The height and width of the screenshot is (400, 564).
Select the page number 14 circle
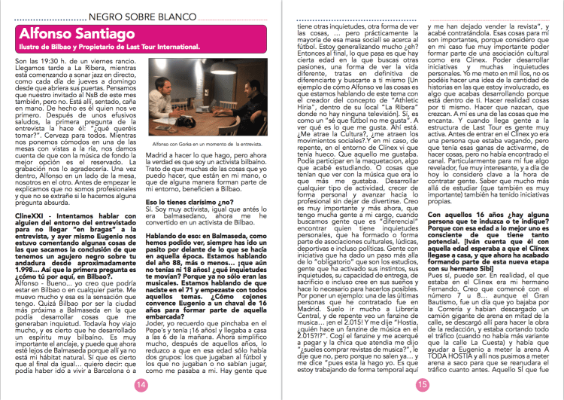[x=139, y=384]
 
